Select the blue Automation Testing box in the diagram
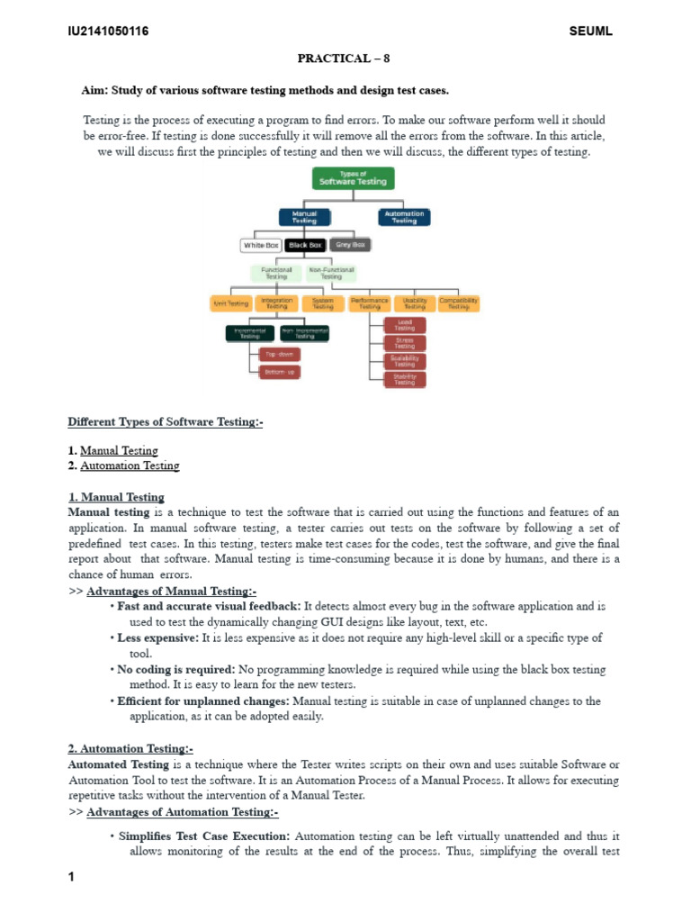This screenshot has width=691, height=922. (x=404, y=217)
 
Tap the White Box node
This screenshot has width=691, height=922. (x=261, y=245)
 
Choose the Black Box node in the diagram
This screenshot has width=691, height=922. (x=305, y=245)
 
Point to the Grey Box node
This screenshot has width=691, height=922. (x=349, y=245)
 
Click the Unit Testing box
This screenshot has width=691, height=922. (x=229, y=303)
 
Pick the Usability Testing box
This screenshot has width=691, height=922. (x=414, y=303)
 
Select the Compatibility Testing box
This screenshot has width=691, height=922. (x=459, y=303)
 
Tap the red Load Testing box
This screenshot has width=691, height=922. (x=405, y=325)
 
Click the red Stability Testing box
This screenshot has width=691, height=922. (x=405, y=379)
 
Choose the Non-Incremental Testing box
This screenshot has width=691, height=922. (x=304, y=333)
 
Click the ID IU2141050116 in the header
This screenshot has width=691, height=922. (x=108, y=32)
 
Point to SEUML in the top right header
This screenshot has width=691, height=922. (x=590, y=32)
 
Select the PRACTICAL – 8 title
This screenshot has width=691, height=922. (x=345, y=59)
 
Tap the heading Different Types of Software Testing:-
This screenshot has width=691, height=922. (x=166, y=421)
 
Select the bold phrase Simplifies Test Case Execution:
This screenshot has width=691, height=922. (x=204, y=836)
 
